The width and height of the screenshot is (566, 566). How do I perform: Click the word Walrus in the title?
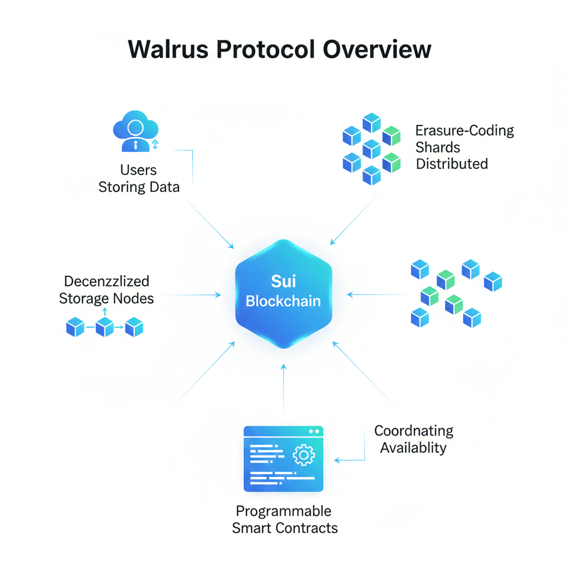[x=168, y=49]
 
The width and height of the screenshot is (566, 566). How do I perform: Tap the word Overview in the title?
[x=377, y=49]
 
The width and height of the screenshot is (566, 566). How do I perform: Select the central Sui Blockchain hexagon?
[x=284, y=294]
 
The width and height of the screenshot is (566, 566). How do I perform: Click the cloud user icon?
[x=136, y=131]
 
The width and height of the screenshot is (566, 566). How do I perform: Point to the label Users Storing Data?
[x=139, y=179]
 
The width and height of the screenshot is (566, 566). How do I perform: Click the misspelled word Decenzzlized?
[x=107, y=281]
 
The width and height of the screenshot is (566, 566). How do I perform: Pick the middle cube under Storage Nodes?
[x=104, y=327]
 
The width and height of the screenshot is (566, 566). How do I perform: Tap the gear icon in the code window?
[x=303, y=455]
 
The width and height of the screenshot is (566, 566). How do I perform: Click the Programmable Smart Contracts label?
[x=285, y=520]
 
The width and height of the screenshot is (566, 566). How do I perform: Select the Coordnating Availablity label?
[x=413, y=439]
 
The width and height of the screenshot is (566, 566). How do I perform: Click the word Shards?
[x=438, y=147]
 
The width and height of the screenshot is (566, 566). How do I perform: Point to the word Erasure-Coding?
[x=464, y=130]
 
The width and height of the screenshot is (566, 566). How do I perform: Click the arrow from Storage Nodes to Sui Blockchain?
[x=192, y=295]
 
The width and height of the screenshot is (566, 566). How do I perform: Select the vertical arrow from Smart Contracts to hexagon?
[x=284, y=390]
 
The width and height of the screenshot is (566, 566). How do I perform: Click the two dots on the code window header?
[x=314, y=431]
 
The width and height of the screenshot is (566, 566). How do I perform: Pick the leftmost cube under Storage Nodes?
[x=75, y=327]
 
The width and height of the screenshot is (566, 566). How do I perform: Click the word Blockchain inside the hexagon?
[x=284, y=301]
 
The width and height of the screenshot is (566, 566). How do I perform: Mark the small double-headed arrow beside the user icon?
[x=155, y=144]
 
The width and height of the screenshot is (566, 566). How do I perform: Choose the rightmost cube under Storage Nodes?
[x=134, y=327]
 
